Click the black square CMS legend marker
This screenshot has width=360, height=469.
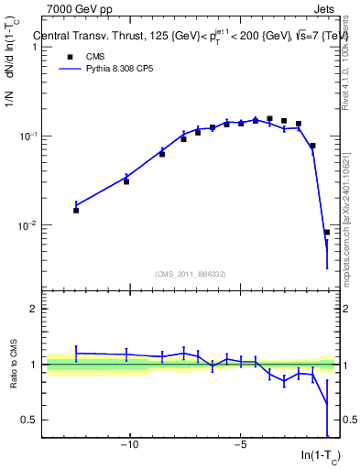click(70, 56)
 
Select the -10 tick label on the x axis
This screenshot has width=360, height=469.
click(130, 445)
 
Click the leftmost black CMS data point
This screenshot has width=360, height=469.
click(76, 210)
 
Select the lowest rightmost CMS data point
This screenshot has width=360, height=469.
click(327, 232)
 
